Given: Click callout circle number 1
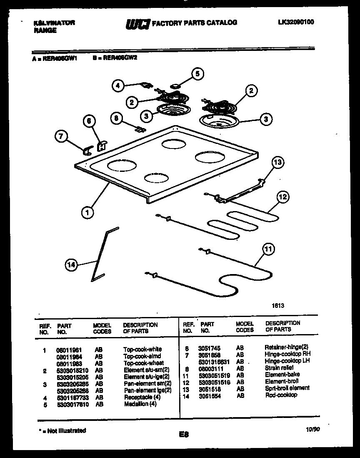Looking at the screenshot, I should pyautogui.click(x=87, y=213).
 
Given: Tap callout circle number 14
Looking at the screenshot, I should pyautogui.click(x=72, y=264).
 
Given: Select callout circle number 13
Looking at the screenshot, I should pyautogui.click(x=278, y=163).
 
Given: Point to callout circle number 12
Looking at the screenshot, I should pyautogui.click(x=283, y=197).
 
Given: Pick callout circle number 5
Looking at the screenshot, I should pyautogui.click(x=197, y=74).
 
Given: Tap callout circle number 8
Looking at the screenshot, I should pyautogui.click(x=118, y=118).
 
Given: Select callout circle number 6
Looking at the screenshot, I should pyautogui.click(x=88, y=121).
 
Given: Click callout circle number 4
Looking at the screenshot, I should pyautogui.click(x=118, y=86).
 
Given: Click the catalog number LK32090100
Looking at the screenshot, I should pyautogui.click(x=295, y=23).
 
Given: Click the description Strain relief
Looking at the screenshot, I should pyautogui.click(x=279, y=368).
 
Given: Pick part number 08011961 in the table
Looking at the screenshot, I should pyautogui.click(x=67, y=350).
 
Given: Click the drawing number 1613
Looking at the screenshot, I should pyautogui.click(x=278, y=305).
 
